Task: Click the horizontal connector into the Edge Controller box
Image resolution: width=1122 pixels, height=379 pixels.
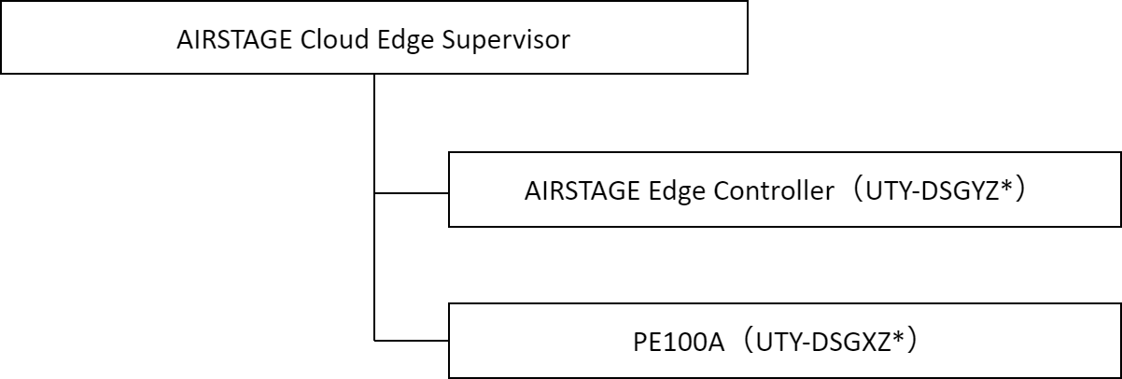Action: pyautogui.click(x=412, y=194)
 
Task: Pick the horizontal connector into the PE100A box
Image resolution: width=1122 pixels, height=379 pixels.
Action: pyautogui.click(x=412, y=341)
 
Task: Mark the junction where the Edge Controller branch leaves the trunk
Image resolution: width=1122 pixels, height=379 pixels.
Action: pyautogui.click(x=374, y=194)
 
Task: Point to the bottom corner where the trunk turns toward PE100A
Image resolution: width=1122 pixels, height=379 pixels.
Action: pyautogui.click(x=374, y=341)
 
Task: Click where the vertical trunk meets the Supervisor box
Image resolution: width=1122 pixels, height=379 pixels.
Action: pyautogui.click(x=374, y=75)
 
